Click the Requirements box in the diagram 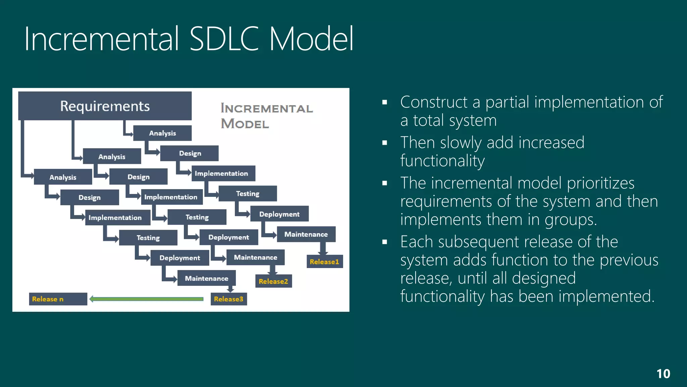tap(105, 106)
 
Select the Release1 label tap(324, 262)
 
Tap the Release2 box tap(273, 281)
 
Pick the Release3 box tap(228, 299)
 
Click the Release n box tap(58, 299)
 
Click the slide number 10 tap(663, 374)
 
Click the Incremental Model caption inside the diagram tap(266, 116)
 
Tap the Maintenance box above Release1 tap(306, 234)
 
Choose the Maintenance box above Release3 tap(206, 278)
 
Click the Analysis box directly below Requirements tap(162, 133)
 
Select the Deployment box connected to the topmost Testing tap(279, 214)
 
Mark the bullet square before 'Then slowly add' tap(384, 143)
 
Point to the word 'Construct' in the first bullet tap(434, 102)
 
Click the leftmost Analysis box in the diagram tap(63, 177)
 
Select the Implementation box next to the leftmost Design tap(115, 217)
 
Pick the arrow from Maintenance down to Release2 tap(272, 270)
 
